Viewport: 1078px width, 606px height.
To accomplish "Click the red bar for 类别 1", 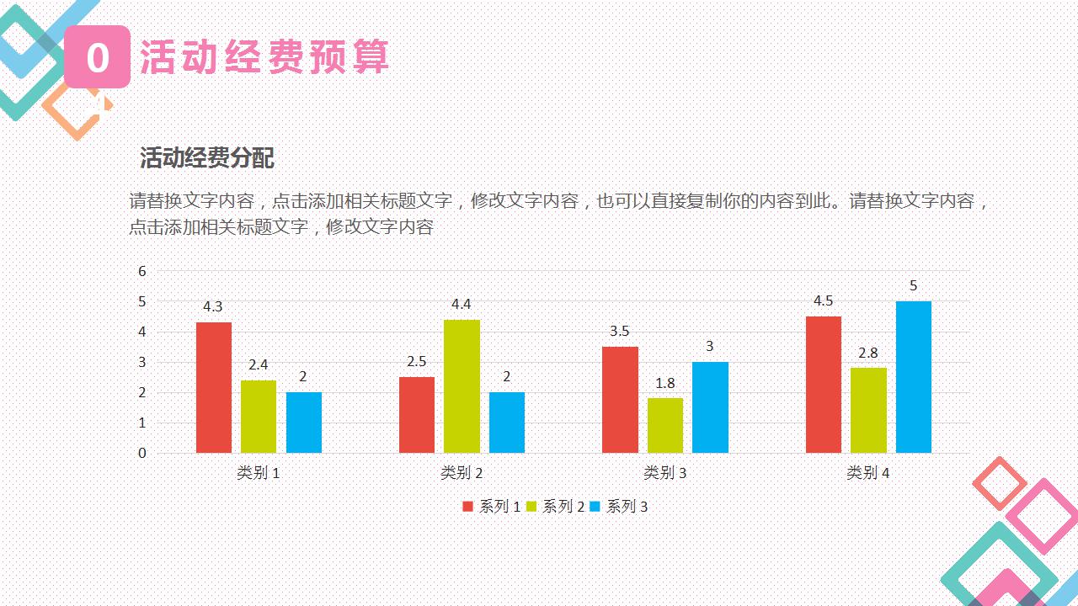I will coord(214,387).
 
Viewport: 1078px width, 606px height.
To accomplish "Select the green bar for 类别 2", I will coord(462,386).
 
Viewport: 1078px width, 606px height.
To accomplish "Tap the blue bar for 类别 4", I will coord(914,377).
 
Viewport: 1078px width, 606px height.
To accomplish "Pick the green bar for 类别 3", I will coord(664,425).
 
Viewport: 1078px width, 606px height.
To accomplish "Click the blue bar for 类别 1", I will coord(304,423).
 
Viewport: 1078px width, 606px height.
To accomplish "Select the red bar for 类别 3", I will coord(620,400).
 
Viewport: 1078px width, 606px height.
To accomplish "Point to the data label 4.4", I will coord(462,305).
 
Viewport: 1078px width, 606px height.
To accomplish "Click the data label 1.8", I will coord(664,383).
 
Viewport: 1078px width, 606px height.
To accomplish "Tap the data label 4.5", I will coord(823,301).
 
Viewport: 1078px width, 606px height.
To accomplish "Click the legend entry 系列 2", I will coord(556,507).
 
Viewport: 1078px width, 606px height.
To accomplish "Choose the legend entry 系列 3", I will coord(620,507).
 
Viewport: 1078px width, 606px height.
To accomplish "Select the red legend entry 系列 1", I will coord(492,507).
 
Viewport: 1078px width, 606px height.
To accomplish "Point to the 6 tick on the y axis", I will coord(142,271).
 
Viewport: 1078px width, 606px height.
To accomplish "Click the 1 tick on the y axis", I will coord(142,423).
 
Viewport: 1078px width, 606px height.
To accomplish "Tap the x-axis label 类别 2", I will coord(462,473).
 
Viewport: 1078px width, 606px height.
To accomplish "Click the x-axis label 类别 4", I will coord(868,473).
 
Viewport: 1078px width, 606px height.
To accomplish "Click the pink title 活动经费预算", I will coord(264,57).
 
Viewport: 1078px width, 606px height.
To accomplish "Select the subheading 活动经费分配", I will coord(207,158).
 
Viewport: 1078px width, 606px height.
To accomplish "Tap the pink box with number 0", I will coord(98,57).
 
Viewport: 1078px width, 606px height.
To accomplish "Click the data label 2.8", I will coord(868,353).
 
